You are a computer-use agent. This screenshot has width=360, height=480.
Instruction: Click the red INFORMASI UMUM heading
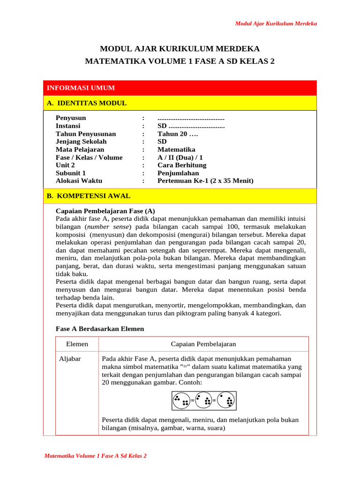[81, 88]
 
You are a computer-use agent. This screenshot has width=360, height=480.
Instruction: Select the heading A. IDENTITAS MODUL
[87, 103]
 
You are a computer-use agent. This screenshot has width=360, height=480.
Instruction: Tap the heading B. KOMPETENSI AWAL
[89, 196]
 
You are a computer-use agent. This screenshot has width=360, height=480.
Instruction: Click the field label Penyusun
[71, 118]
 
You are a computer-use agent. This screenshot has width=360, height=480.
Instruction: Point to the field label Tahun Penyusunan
[86, 134]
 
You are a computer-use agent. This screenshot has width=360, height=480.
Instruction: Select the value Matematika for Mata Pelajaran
[176, 150]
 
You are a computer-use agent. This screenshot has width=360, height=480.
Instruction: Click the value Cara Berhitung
[182, 165]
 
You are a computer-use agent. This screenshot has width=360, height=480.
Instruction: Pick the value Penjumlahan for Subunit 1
[178, 173]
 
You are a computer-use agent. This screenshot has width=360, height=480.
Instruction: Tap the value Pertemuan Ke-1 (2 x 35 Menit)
[205, 180]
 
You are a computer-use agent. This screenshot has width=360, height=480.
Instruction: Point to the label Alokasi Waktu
[79, 180]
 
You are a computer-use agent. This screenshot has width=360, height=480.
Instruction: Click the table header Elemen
[77, 344]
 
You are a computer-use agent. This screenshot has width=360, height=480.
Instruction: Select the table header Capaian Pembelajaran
[203, 344]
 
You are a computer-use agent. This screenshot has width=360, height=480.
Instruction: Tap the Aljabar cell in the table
[69, 359]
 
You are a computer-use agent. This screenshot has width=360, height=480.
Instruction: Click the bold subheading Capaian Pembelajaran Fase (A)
[105, 210]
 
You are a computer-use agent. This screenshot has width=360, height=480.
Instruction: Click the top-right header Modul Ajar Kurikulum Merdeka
[276, 23]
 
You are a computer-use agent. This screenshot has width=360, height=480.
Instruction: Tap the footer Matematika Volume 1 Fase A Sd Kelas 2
[95, 456]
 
